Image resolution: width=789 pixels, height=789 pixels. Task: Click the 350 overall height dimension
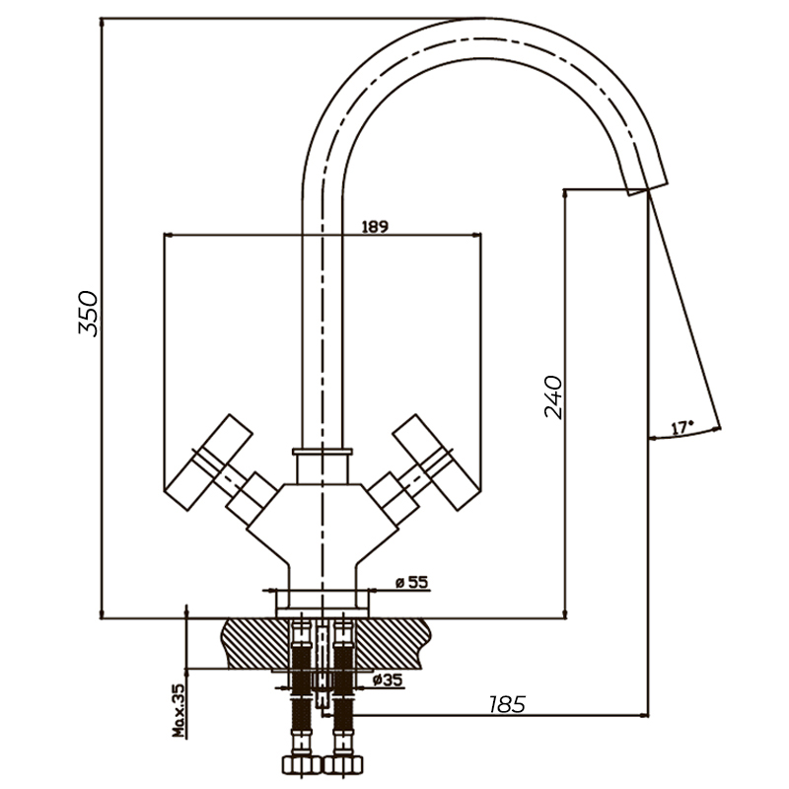point(88,314)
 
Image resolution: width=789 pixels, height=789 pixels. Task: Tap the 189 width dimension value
point(375,226)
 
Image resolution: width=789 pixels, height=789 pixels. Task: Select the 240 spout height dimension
point(553,396)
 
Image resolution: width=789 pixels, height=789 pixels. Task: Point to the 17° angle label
point(681,428)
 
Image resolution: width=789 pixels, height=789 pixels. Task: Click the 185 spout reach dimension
point(506,704)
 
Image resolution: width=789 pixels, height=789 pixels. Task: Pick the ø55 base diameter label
point(411,583)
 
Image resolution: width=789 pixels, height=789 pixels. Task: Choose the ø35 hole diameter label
point(389,680)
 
